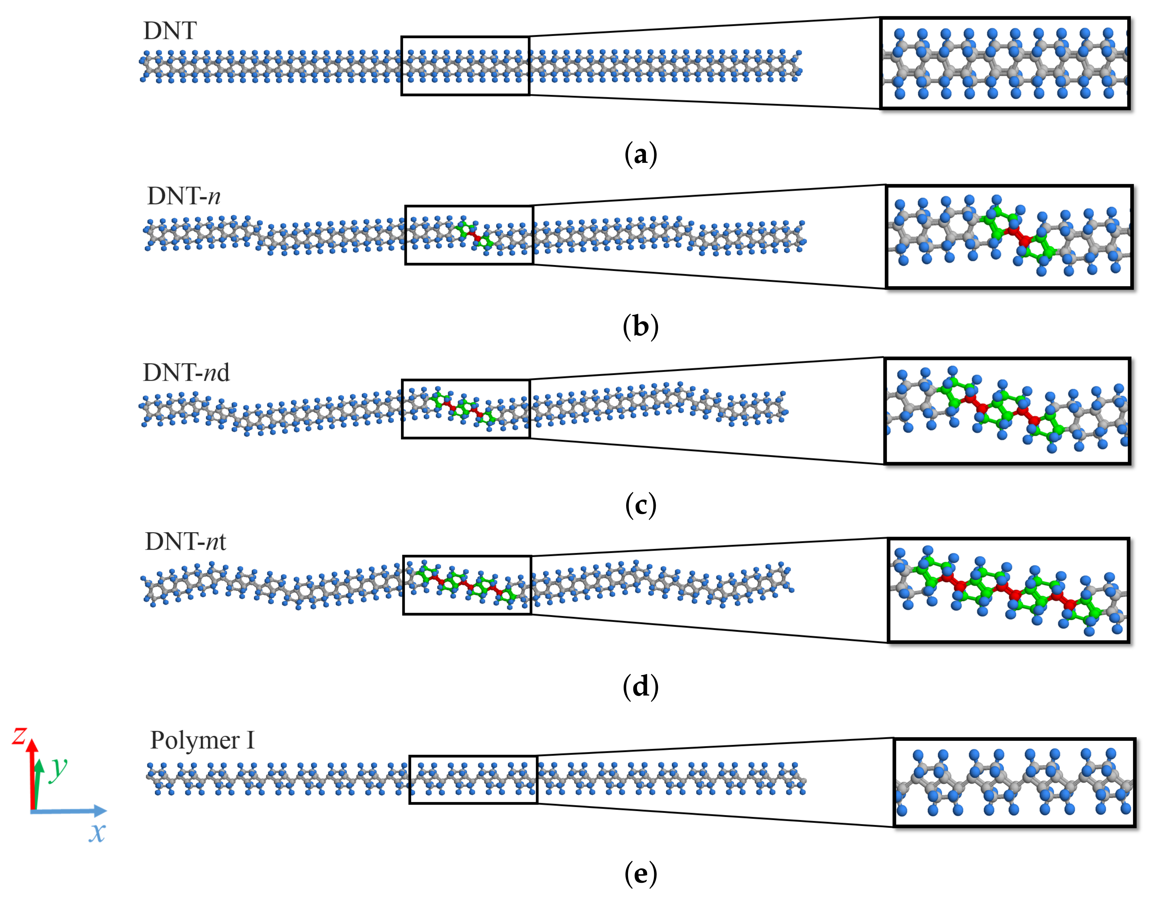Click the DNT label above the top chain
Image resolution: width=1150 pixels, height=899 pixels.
click(x=170, y=31)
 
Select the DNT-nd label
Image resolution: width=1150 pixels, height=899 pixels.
click(x=186, y=373)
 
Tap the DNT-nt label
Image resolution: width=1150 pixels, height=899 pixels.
click(x=185, y=542)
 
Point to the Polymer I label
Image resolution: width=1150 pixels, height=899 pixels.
click(x=202, y=740)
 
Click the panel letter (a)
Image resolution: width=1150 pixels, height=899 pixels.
click(x=640, y=155)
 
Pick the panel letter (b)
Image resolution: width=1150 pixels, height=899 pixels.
click(x=640, y=326)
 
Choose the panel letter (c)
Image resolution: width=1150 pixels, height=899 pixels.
click(x=640, y=505)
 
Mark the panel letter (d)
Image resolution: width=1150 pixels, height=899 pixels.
click(x=640, y=686)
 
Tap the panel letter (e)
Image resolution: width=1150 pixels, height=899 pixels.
click(x=640, y=874)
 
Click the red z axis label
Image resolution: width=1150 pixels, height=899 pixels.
click(x=19, y=736)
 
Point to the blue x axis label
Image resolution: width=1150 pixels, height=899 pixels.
click(x=97, y=833)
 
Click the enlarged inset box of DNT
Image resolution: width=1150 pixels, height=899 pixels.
click(x=1005, y=63)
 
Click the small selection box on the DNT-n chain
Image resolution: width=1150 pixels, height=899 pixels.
click(x=469, y=235)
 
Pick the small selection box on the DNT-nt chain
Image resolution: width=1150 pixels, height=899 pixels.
click(x=467, y=585)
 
